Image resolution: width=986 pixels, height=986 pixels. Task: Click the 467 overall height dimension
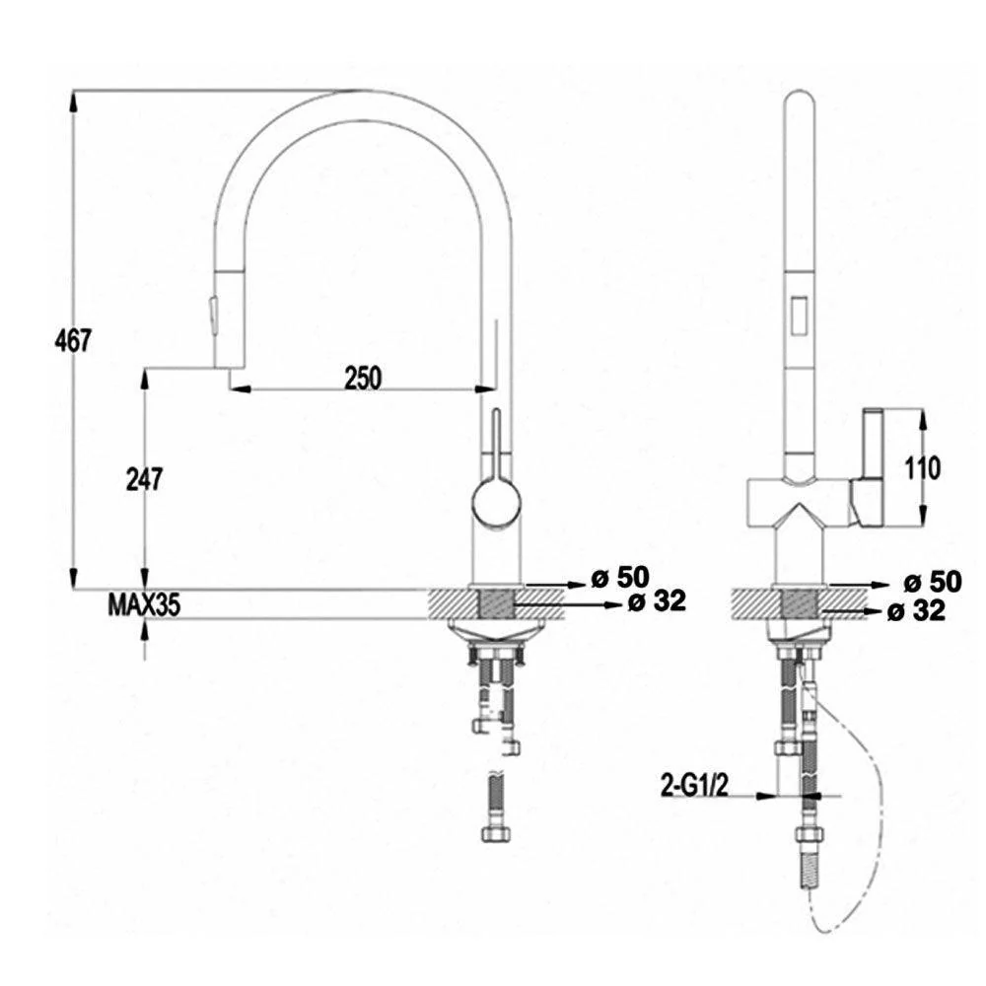pos(73,341)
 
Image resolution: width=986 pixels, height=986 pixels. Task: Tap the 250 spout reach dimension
pos(363,378)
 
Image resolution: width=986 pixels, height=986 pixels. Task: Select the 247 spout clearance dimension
pos(144,480)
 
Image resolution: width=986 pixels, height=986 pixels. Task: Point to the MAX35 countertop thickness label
pos(144,605)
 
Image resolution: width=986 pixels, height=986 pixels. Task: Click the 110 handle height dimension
pos(923,467)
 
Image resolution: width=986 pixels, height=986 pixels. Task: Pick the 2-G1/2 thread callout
pos(694,785)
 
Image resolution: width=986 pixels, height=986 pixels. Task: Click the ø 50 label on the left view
pos(619,577)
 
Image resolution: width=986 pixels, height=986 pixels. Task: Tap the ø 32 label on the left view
pos(657,601)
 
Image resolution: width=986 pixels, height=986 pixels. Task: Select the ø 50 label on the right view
pos(933,582)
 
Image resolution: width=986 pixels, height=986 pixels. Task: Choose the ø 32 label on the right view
pos(916,610)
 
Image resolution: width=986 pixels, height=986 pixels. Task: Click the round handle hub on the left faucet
pos(496,502)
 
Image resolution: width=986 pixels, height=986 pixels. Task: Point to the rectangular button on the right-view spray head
pos(801,316)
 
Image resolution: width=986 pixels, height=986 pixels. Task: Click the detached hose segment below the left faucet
pos(496,807)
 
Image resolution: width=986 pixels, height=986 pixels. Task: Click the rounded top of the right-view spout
pos(800,102)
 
